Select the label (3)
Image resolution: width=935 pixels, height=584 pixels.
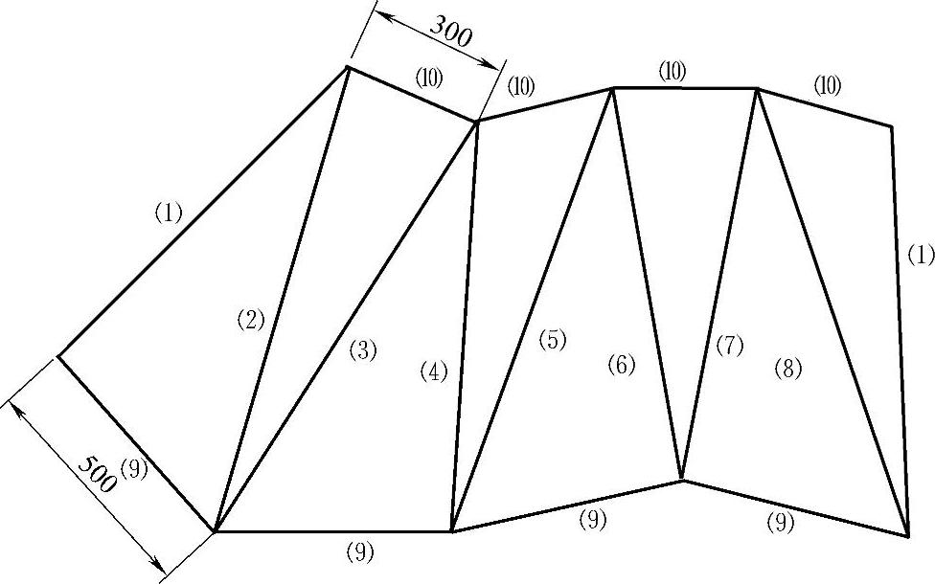point(362,350)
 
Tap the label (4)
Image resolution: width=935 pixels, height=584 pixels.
point(434,372)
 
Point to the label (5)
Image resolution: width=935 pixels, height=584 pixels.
point(552,340)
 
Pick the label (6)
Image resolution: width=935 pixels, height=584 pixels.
point(621,365)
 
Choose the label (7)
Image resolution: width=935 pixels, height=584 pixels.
point(729,347)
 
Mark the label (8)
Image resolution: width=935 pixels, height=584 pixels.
point(787,369)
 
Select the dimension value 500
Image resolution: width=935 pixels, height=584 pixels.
point(96,474)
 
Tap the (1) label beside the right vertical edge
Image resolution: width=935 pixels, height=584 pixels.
point(920,255)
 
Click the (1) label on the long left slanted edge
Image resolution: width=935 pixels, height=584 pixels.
point(168,213)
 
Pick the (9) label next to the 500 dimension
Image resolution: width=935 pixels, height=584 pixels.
point(135,469)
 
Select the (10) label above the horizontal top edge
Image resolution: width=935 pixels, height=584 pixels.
point(673,70)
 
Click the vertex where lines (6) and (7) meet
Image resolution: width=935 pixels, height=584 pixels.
point(681,479)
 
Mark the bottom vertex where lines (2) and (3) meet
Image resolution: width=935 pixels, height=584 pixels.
point(215,530)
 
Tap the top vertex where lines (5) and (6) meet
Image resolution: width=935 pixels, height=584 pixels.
point(612,88)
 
